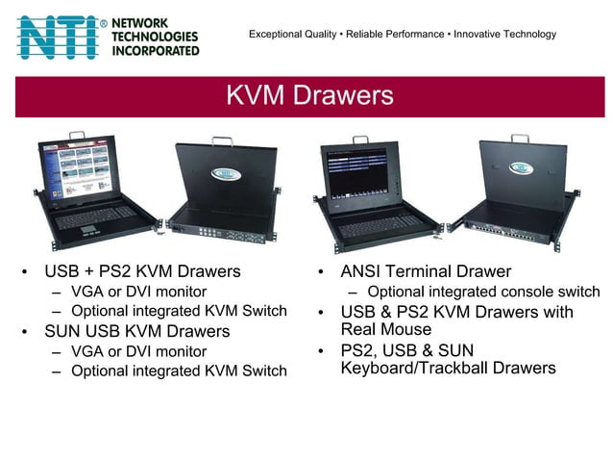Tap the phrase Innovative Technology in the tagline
tap(504, 35)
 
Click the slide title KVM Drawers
tap(309, 95)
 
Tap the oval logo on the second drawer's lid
tap(223, 174)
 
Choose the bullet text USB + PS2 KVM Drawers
tap(142, 271)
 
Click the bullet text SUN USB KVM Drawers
tap(137, 331)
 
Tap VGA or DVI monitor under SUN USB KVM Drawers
tap(138, 351)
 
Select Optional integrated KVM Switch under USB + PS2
tap(179, 311)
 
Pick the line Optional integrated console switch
tap(483, 292)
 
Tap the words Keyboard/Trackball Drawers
tap(448, 369)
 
